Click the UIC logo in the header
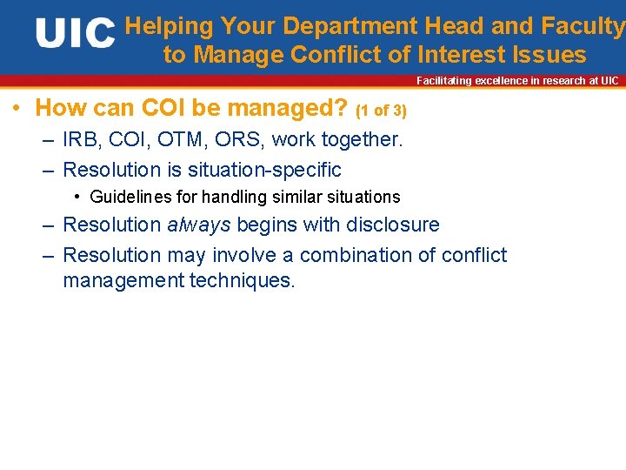75,34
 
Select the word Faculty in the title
583,26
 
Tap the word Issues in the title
549,55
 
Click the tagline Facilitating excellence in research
517,81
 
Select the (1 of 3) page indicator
381,111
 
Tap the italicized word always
199,225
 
